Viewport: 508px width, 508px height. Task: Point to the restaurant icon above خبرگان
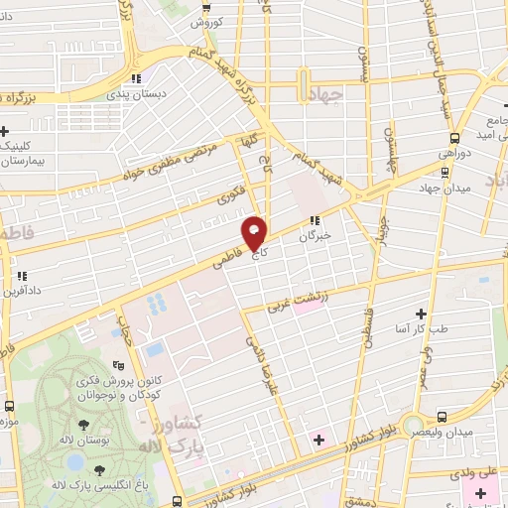[x=315, y=220]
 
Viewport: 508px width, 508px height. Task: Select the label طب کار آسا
[x=425, y=328]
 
